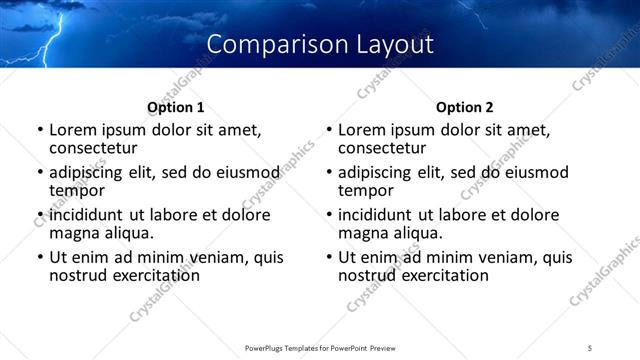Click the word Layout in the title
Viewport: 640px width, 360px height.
pyautogui.click(x=391, y=45)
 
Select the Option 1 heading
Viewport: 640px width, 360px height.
pyautogui.click(x=176, y=107)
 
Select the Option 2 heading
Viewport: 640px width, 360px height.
pyautogui.click(x=465, y=107)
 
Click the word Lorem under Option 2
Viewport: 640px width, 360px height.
pyautogui.click(x=361, y=130)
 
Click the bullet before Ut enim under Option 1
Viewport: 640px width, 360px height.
pyautogui.click(x=39, y=257)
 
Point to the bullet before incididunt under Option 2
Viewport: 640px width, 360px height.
pyautogui.click(x=329, y=215)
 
